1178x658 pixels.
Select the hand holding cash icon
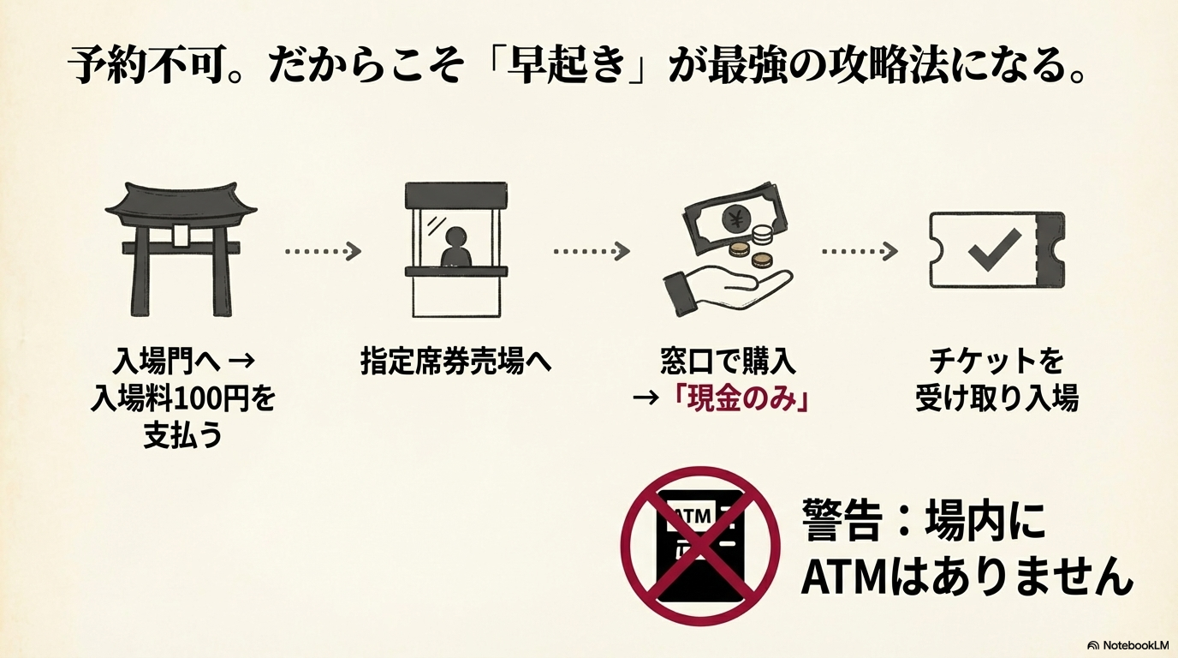click(x=728, y=253)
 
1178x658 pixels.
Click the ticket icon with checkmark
click(x=997, y=249)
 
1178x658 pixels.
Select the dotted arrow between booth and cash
click(x=592, y=251)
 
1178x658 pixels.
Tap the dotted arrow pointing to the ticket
click(x=860, y=251)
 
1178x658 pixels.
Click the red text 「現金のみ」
click(x=742, y=400)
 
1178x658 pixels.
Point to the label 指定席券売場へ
click(x=455, y=362)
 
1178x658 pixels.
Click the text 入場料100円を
click(x=182, y=399)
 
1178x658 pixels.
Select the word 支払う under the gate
click(x=182, y=436)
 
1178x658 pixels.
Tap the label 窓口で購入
click(x=728, y=362)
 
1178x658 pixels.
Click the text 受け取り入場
click(x=997, y=399)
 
